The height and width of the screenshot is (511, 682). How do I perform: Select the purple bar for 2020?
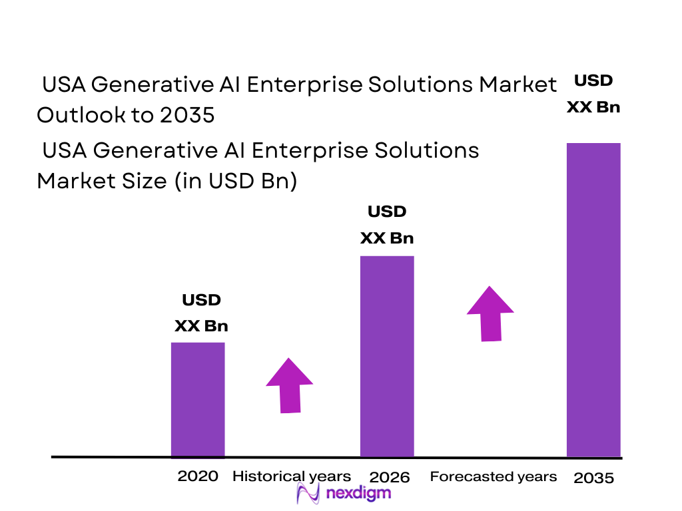click(x=198, y=399)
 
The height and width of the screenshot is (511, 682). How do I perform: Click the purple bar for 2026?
click(x=387, y=356)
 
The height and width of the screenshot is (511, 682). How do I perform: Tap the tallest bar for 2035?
click(x=593, y=299)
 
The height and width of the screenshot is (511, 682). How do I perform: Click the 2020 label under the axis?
click(x=198, y=476)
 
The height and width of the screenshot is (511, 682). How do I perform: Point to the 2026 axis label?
click(x=390, y=477)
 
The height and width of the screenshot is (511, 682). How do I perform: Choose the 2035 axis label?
click(x=593, y=478)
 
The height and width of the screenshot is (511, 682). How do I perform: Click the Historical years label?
click(x=291, y=476)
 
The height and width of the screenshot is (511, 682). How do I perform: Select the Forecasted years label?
click(x=493, y=476)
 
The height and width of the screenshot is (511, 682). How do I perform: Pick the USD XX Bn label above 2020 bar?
click(x=201, y=313)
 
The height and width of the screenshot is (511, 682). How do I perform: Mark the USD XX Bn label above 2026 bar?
click(x=387, y=225)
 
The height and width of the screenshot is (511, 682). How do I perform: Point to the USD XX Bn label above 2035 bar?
click(x=593, y=94)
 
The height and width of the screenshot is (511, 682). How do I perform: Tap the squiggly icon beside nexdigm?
click(x=308, y=494)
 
